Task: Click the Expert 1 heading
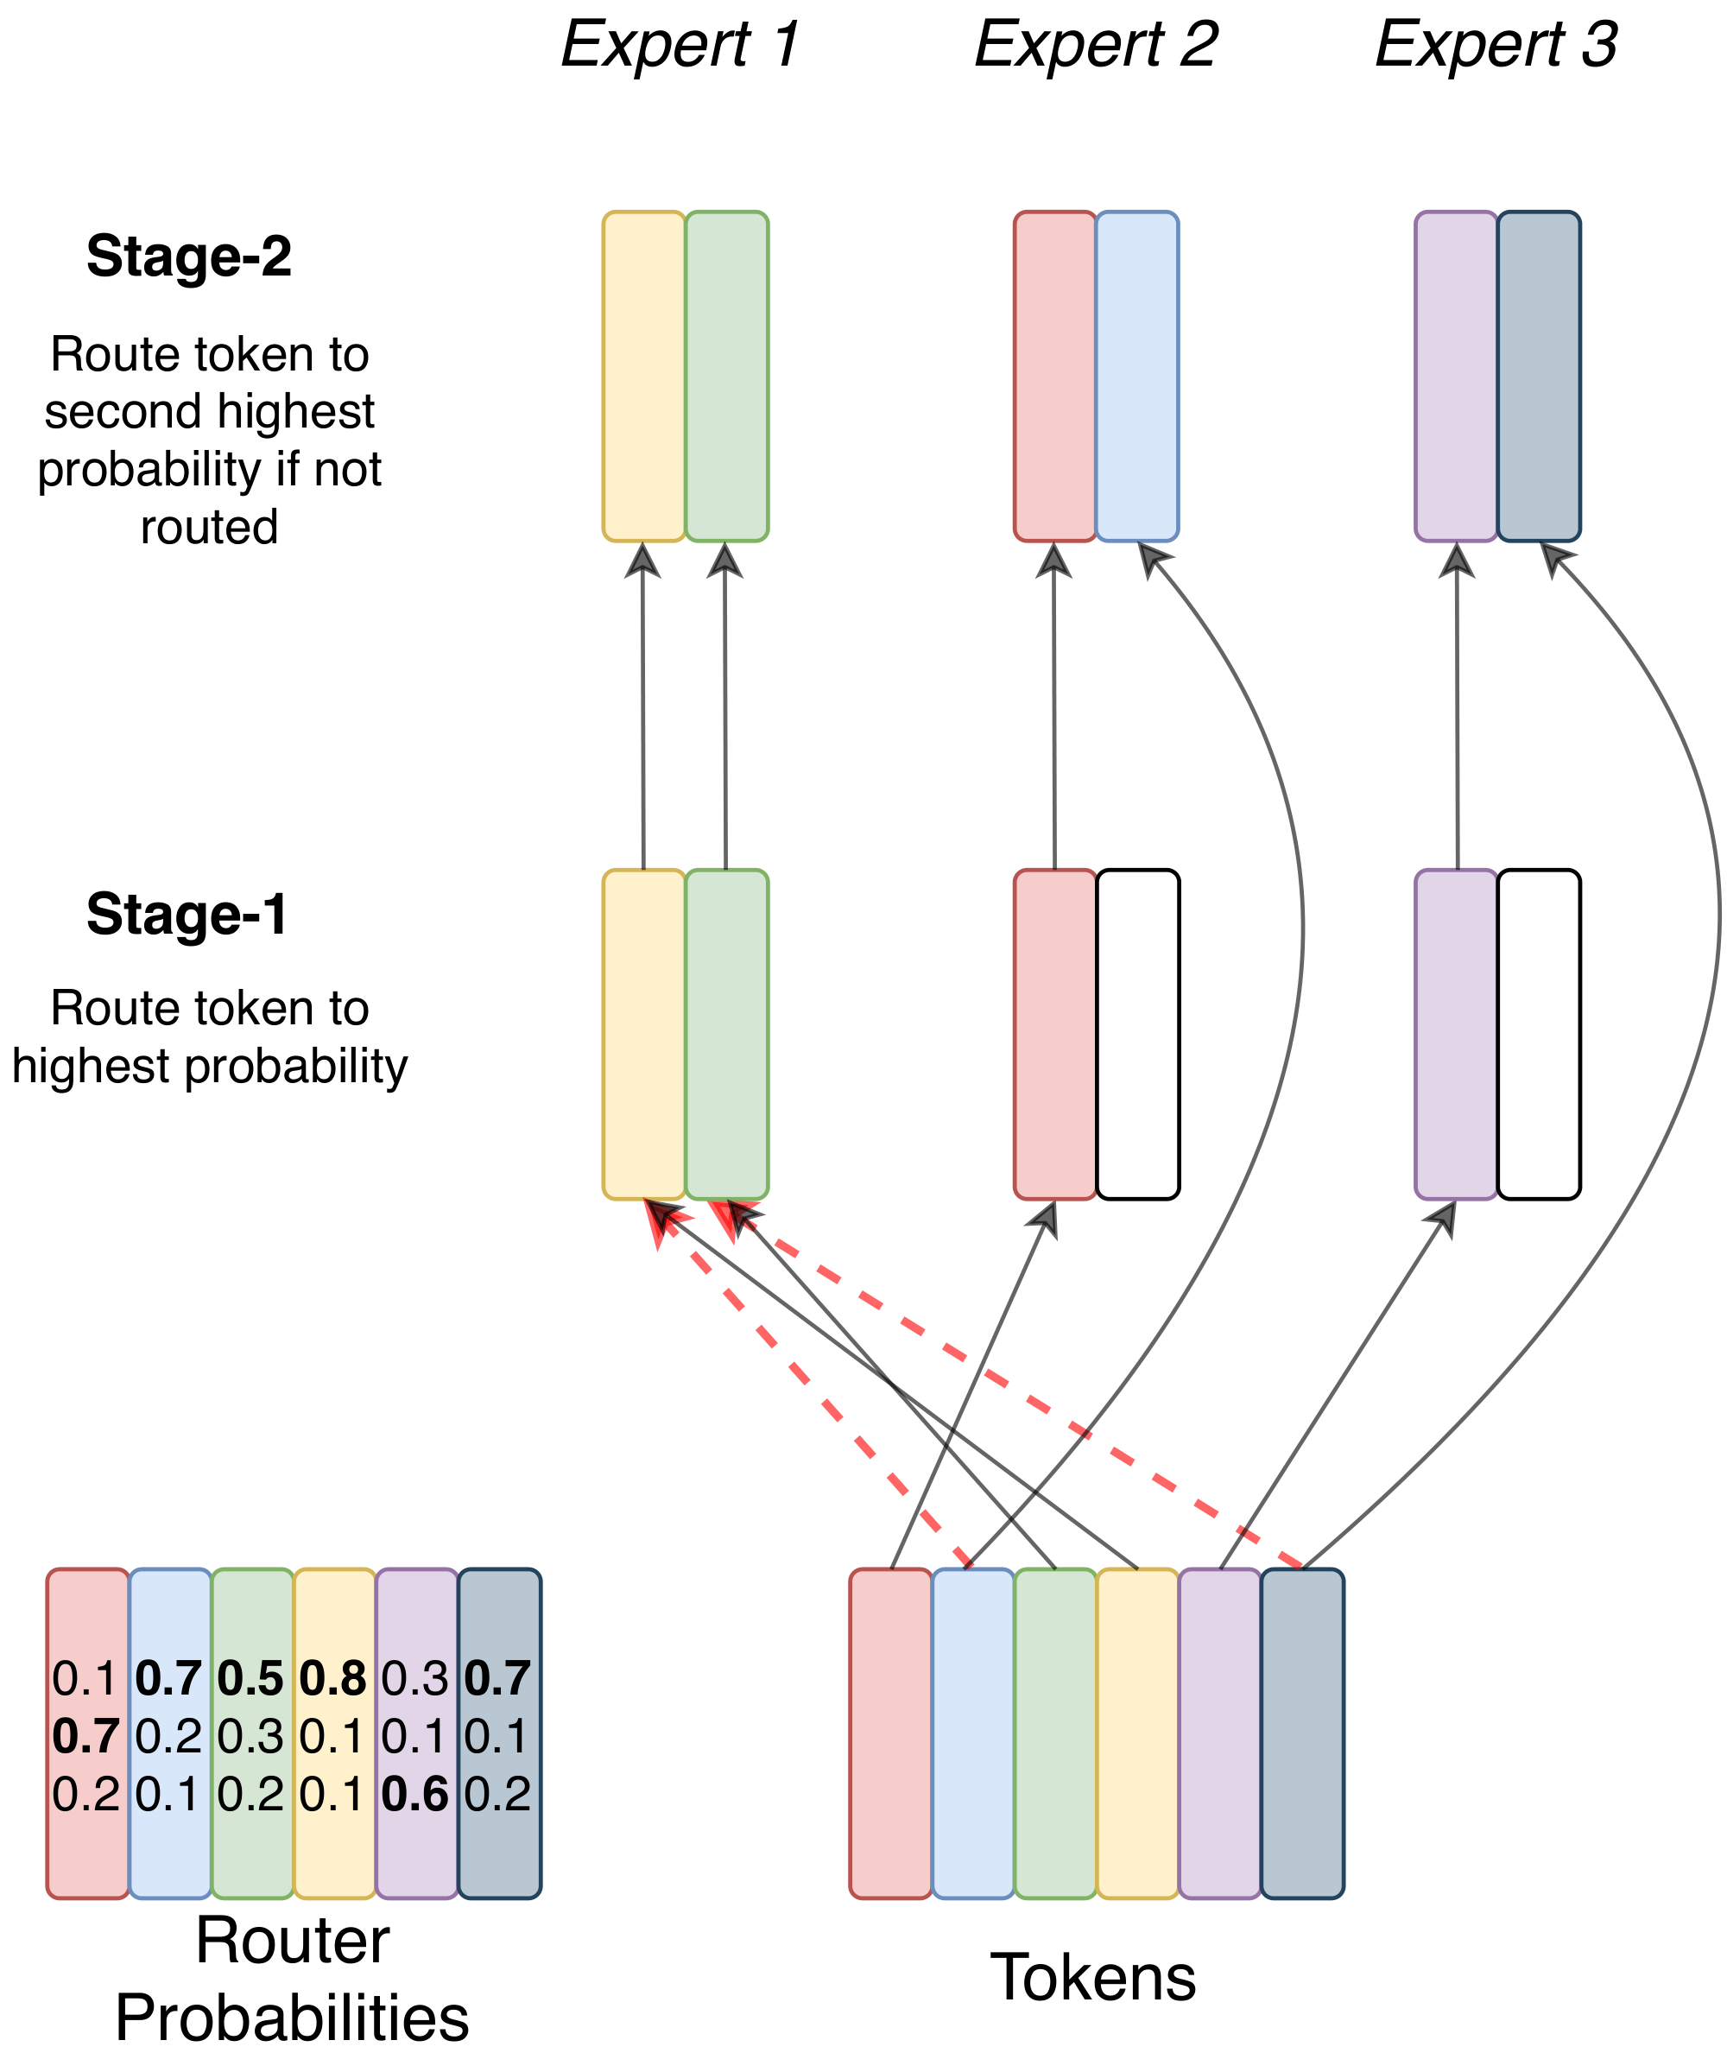pyautogui.click(x=680, y=46)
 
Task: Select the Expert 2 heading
pyautogui.click(x=1095, y=46)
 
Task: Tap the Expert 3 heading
pyautogui.click(x=1496, y=46)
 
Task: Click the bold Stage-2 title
pyautogui.click(x=188, y=257)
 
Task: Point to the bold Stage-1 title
pyautogui.click(x=187, y=914)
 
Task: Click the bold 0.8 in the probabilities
pyautogui.click(x=333, y=1678)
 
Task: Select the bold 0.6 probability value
pyautogui.click(x=415, y=1794)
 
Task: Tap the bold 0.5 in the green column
pyautogui.click(x=250, y=1678)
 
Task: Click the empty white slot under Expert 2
pyautogui.click(x=1137, y=1034)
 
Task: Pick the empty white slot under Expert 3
pyautogui.click(x=1538, y=1034)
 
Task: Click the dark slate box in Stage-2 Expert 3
pyautogui.click(x=1538, y=376)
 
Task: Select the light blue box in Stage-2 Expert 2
pyautogui.click(x=1136, y=376)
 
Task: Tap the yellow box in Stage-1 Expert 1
pyautogui.click(x=643, y=1034)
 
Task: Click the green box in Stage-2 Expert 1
pyautogui.click(x=726, y=376)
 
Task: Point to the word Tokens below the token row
pyautogui.click(x=1093, y=1977)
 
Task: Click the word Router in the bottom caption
pyautogui.click(x=292, y=1941)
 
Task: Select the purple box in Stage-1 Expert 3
pyautogui.click(x=1456, y=1034)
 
